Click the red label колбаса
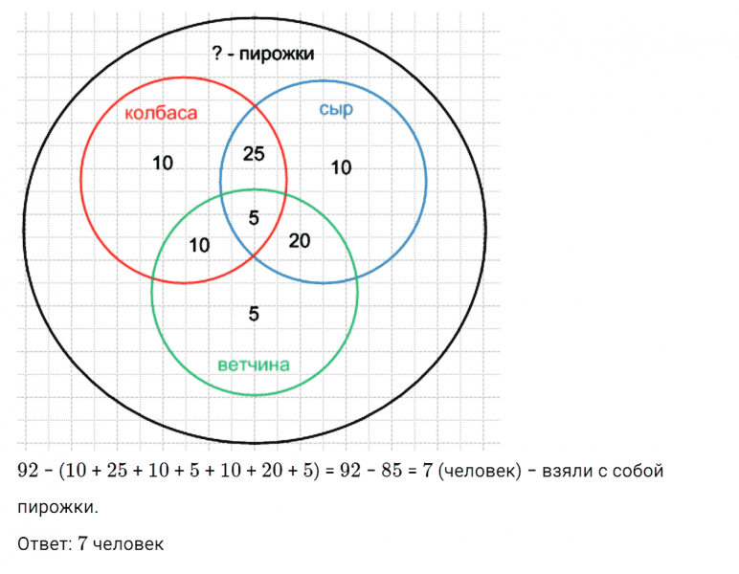[x=161, y=113]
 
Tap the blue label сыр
[x=336, y=110]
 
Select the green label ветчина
[x=254, y=364]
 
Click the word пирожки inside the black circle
[x=277, y=54]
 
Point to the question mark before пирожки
[x=216, y=53]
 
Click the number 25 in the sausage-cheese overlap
[x=254, y=153]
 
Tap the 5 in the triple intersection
[x=254, y=217]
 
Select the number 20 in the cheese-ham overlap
[x=300, y=241]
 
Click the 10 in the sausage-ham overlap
[x=199, y=245]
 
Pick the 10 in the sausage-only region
[x=163, y=163]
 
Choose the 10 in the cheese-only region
[x=341, y=167]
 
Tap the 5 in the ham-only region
[x=254, y=314]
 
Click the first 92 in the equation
[x=28, y=470]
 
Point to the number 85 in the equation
[x=392, y=470]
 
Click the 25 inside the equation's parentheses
[x=117, y=470]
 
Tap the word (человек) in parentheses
[x=480, y=471]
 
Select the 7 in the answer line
[x=82, y=544]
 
